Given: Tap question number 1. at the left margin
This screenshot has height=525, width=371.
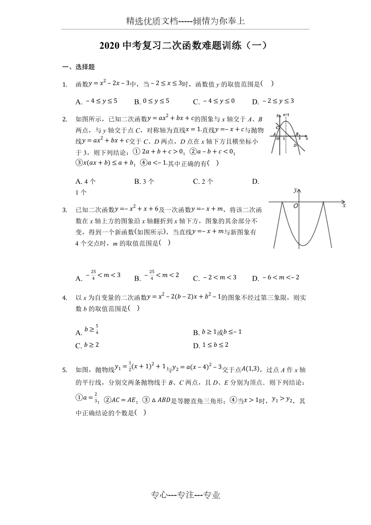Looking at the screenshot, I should pyautogui.click(x=65, y=85).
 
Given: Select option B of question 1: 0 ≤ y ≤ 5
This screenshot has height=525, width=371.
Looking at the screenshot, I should pyautogui.click(x=152, y=102).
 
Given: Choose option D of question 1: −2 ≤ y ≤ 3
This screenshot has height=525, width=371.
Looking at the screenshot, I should pyautogui.click(x=273, y=102).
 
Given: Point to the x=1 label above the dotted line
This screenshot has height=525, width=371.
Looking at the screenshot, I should pyautogui.click(x=286, y=115).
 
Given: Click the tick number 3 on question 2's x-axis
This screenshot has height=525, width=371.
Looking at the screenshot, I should pyautogui.click(x=299, y=138).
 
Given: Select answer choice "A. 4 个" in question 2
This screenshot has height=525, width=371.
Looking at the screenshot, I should pyautogui.click(x=85, y=181).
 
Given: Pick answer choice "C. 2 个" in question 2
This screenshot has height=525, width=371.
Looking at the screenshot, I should pyautogui.click(x=203, y=181).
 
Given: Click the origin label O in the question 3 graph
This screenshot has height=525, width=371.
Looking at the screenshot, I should pyautogui.click(x=296, y=206).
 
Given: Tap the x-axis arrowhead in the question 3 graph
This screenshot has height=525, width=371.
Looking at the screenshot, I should pyautogui.click(x=343, y=201).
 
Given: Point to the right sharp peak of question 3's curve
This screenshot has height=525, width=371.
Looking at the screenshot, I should pyautogui.click(x=323, y=202).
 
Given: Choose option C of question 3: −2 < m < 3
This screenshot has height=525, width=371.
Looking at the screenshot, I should pyautogui.click(x=215, y=278).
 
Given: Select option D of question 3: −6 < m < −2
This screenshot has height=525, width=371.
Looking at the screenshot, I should pyautogui.click(x=275, y=278).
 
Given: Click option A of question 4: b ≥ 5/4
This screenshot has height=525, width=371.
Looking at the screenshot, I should pyautogui.click(x=87, y=331).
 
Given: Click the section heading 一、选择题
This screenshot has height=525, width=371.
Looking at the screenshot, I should pyautogui.click(x=78, y=67).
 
